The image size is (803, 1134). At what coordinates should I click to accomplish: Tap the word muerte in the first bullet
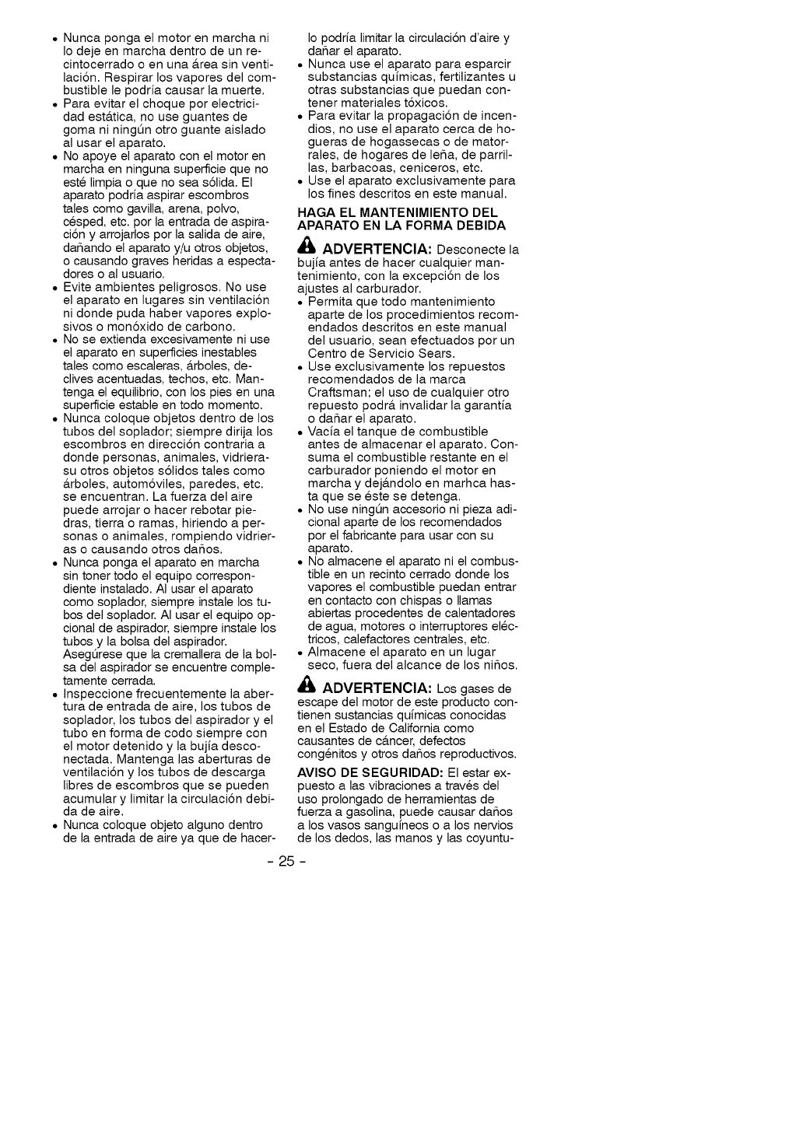tap(240, 91)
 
